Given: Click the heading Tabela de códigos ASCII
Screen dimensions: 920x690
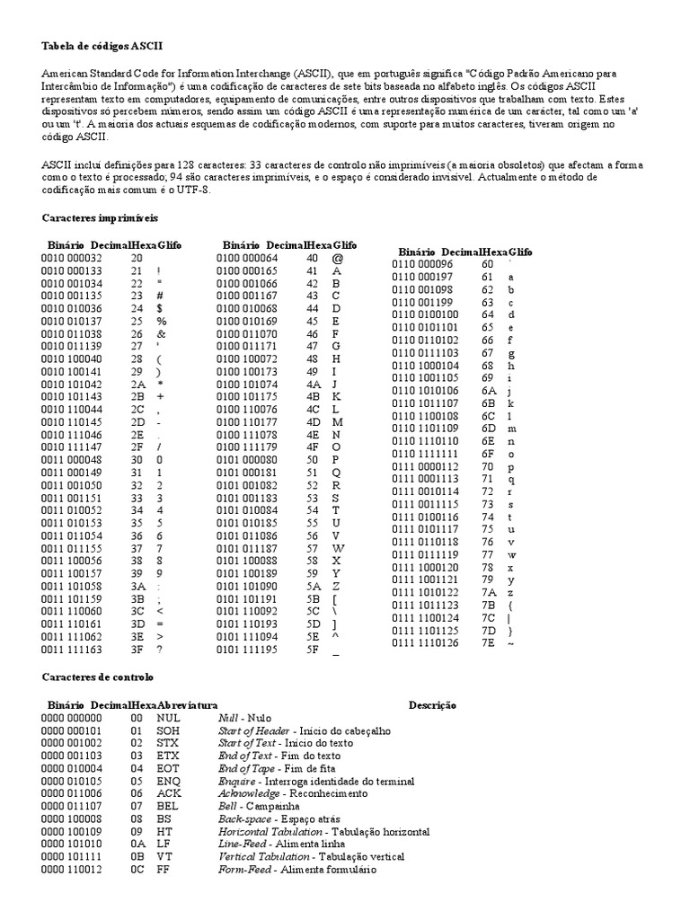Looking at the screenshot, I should pos(103,45).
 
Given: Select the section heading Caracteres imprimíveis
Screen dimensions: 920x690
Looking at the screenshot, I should pos(100,217).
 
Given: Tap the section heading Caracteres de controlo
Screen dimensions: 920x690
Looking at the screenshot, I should pos(98,676).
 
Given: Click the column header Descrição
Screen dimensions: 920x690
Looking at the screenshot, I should pos(432,705).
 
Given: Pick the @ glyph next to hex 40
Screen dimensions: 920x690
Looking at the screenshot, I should pos(337,258).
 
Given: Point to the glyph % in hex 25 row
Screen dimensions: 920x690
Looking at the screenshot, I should pos(162,321).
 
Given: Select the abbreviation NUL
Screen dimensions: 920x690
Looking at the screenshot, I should pos(168,719).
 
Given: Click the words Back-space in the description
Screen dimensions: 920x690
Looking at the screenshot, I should pos(245,819).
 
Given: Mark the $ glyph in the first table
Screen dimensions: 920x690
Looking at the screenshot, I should pos(159,308).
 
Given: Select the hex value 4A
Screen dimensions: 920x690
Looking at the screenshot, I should pos(314,384).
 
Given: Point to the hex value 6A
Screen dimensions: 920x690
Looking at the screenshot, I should pos(488,391).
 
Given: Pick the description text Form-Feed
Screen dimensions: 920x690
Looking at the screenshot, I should pos(246,870).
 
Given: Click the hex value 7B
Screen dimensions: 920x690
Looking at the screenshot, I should pos(488,606).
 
